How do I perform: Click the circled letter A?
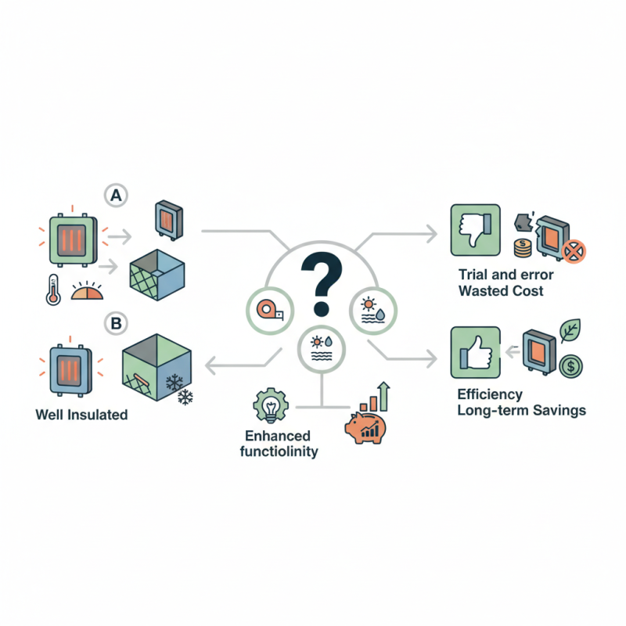(115, 196)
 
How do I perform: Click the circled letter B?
(115, 321)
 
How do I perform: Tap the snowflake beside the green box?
(185, 397)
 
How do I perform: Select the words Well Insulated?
(81, 415)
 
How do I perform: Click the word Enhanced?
(279, 436)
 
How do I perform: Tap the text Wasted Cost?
(502, 291)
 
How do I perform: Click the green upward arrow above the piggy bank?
(384, 394)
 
